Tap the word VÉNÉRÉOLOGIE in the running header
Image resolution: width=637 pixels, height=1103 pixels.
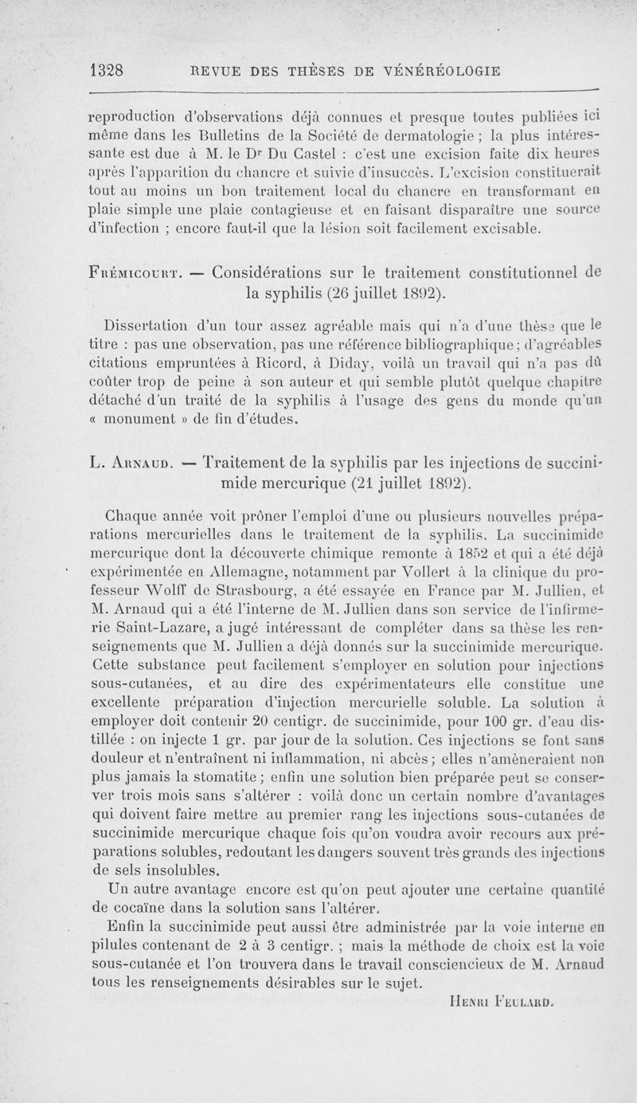[440, 70]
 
